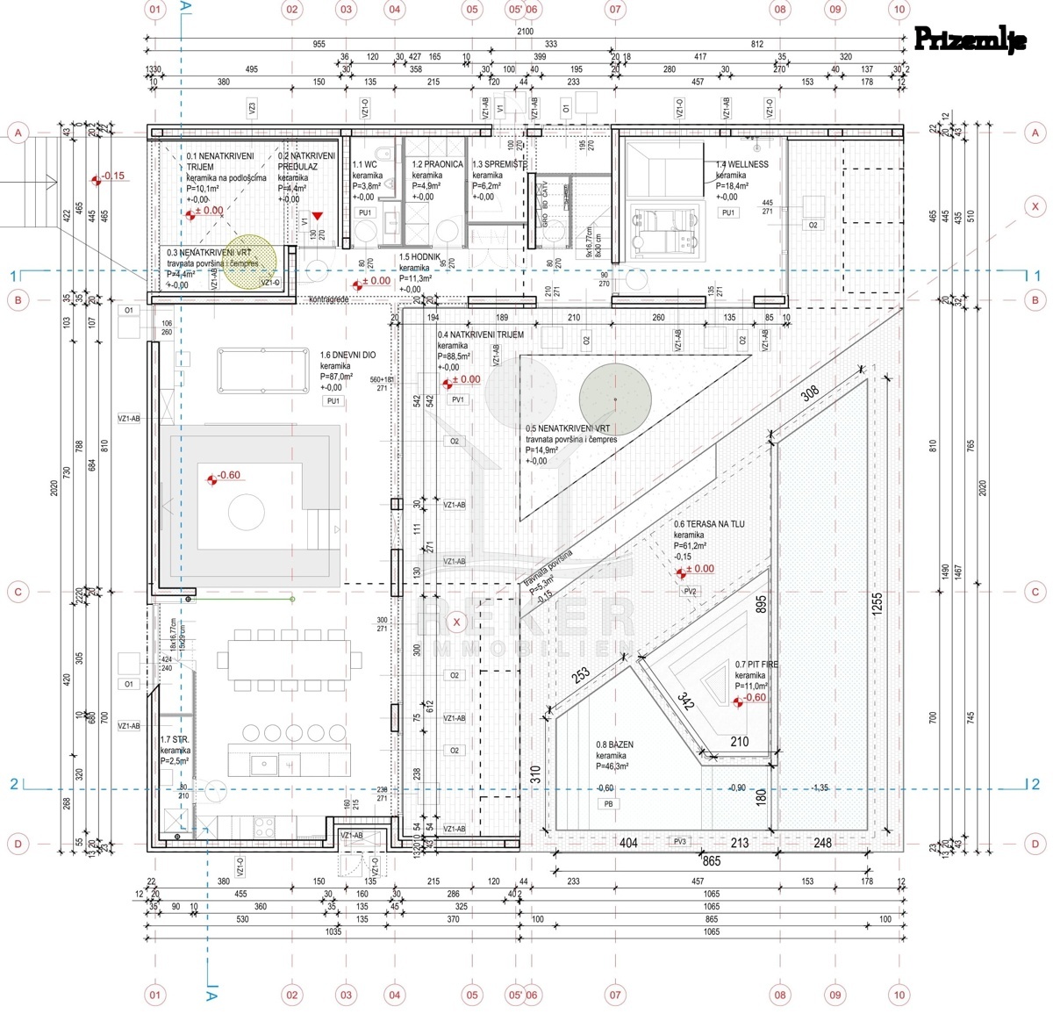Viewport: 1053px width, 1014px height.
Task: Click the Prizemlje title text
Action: [x=969, y=40]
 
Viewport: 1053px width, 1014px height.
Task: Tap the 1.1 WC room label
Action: [x=364, y=164]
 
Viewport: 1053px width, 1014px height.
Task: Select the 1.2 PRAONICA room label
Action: [x=437, y=164]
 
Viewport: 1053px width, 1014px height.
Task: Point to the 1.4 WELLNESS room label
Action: [x=741, y=164]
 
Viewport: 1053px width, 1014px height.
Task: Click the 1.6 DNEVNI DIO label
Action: [x=347, y=355]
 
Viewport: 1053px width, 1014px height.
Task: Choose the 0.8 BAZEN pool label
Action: [x=614, y=744]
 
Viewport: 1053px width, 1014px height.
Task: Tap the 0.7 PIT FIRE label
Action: [x=756, y=665]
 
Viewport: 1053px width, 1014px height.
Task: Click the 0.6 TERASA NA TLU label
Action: [x=709, y=524]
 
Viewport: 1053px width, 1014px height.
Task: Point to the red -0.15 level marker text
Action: [x=112, y=176]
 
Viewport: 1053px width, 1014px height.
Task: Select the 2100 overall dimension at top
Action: [x=525, y=32]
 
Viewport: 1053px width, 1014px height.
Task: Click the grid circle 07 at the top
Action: [x=614, y=11]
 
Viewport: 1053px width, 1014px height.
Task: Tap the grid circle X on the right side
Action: [x=1035, y=207]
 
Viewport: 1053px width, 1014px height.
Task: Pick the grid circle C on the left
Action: [x=18, y=592]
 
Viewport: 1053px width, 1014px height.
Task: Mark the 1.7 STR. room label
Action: [x=175, y=740]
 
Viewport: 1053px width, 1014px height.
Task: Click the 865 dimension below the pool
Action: [x=711, y=861]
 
